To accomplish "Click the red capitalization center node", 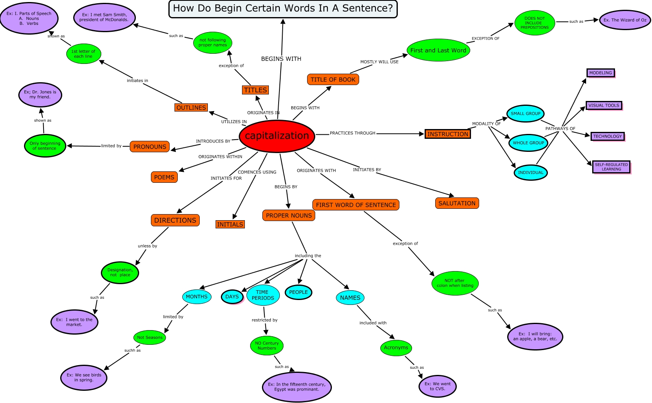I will point(277,136).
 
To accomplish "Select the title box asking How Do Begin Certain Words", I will point(283,9).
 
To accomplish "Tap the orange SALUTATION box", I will point(457,203).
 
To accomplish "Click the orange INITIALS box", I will point(230,224).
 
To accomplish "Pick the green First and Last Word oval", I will point(438,50).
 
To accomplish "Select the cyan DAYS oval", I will point(232,297).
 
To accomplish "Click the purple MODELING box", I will point(600,73).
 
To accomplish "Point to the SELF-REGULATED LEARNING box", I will point(611,167).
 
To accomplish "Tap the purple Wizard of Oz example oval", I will point(625,20).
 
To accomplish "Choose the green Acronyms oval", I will point(396,348).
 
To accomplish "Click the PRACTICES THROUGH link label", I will point(352,133).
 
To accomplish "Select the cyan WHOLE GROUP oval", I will point(528,143).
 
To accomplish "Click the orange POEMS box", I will point(164,177).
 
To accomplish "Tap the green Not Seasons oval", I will point(150,337).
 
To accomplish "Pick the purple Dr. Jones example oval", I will point(40,95).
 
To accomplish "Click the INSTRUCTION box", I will point(447,134).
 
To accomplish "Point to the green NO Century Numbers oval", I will point(267,346).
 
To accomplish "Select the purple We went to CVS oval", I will point(438,386).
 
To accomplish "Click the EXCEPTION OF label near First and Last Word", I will point(485,39).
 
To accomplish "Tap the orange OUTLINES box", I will point(191,107).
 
